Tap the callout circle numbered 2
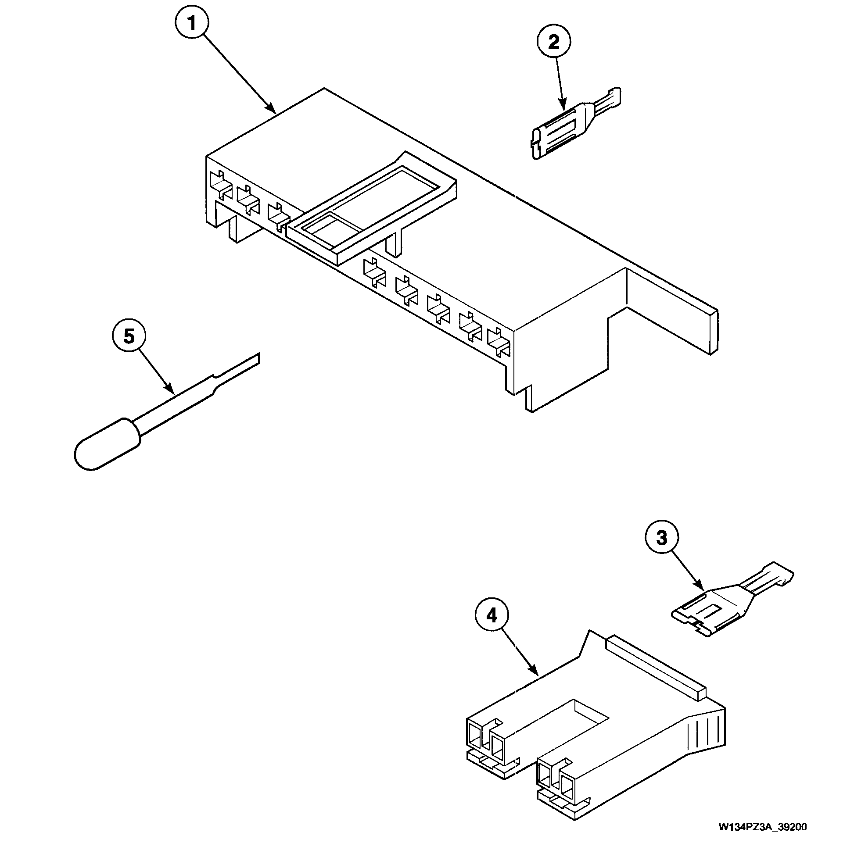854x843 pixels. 553,43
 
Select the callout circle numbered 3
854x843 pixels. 661,538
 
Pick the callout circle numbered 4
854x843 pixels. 492,615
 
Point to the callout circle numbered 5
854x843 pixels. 129,337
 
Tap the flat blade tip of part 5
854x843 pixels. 248,362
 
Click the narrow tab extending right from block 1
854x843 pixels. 672,309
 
